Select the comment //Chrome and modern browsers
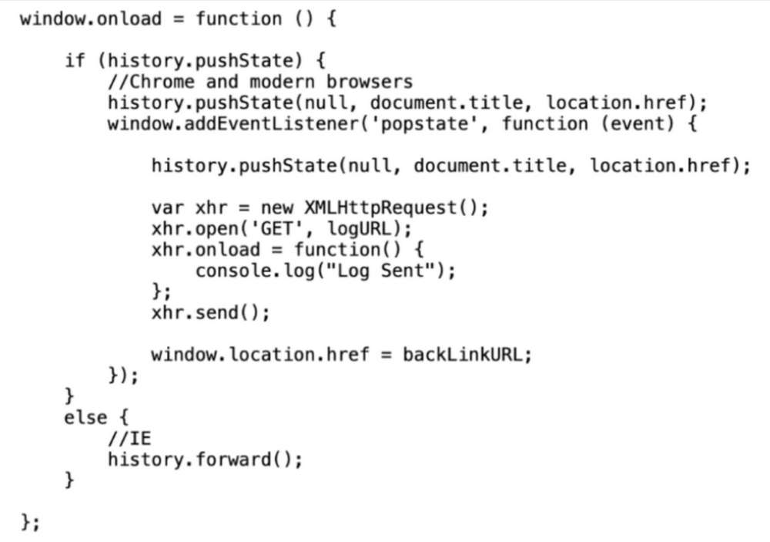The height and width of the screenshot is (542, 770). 260,82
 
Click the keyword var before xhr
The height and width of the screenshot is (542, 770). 164,208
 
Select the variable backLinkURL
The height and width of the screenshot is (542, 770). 467,355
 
